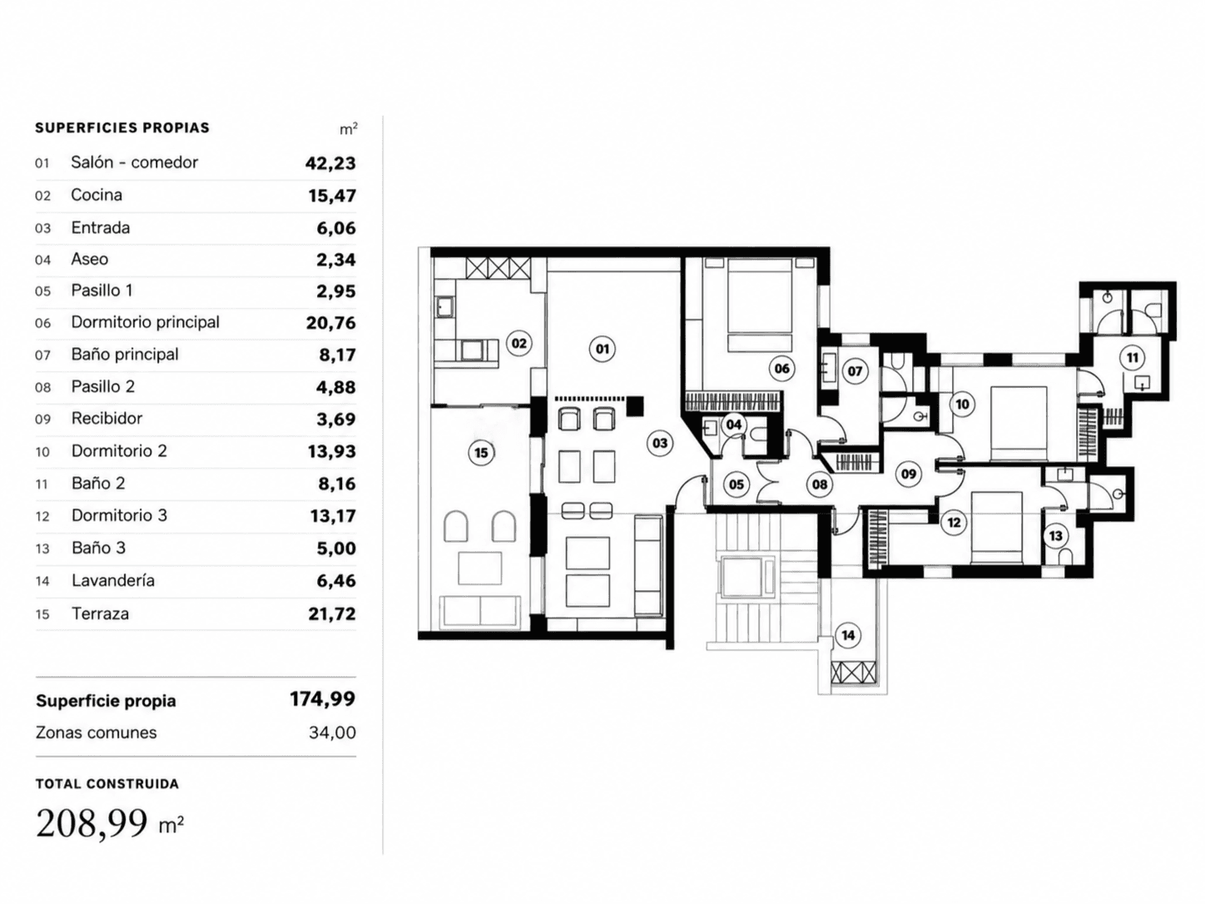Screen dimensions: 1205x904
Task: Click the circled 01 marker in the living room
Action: (x=602, y=349)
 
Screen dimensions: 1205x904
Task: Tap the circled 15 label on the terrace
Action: (x=481, y=453)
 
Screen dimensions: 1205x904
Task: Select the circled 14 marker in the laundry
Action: (x=848, y=635)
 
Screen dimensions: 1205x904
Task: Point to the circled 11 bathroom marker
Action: (x=1133, y=358)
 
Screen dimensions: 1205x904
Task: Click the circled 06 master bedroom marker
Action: (x=781, y=369)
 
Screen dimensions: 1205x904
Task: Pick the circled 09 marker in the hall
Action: (x=909, y=473)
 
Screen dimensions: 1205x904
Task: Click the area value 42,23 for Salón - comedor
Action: (x=330, y=163)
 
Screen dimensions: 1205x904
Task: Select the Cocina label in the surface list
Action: (x=97, y=195)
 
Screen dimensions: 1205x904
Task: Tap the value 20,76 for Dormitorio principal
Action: (x=331, y=323)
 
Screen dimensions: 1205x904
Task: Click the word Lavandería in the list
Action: (x=113, y=580)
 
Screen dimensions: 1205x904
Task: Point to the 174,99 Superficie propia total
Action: (x=323, y=698)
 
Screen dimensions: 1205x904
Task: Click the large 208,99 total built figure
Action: (x=92, y=822)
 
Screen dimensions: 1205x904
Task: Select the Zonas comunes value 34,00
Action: (x=332, y=733)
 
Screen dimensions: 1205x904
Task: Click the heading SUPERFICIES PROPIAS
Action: (x=122, y=128)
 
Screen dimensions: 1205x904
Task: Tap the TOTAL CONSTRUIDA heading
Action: (x=107, y=784)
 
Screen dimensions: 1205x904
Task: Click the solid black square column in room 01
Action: (x=635, y=405)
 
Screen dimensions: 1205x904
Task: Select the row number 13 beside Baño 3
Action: (x=42, y=549)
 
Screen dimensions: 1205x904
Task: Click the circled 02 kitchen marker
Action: (x=518, y=344)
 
